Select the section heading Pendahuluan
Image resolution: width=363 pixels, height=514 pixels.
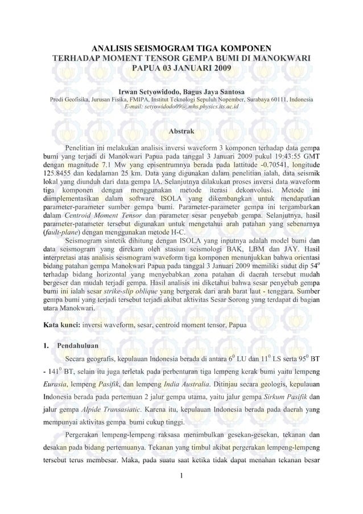pos(80,345)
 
